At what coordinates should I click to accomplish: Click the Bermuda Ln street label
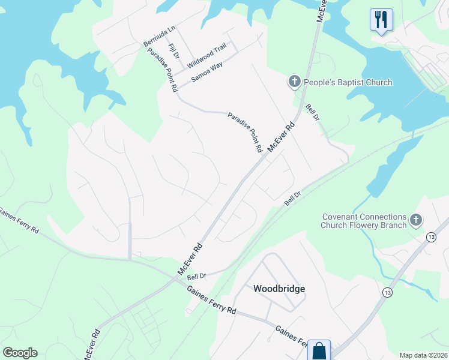[x=159, y=36]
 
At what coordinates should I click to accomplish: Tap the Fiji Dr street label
[x=174, y=51]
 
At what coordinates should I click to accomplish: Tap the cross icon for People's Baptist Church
[x=294, y=82]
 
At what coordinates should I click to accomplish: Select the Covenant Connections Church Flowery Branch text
[x=364, y=221]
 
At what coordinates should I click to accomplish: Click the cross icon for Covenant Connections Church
[x=415, y=221]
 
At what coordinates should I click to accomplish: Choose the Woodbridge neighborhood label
[x=279, y=289]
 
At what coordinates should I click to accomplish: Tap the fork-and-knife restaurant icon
[x=381, y=20]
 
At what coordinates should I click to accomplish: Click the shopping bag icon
[x=319, y=350]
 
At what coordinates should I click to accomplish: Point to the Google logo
[x=20, y=353]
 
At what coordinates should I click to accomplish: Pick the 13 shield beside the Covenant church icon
[x=431, y=238]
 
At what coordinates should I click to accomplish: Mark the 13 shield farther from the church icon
[x=388, y=292]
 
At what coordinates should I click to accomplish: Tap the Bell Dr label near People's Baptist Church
[x=312, y=112]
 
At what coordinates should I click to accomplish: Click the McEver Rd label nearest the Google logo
[x=92, y=344]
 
